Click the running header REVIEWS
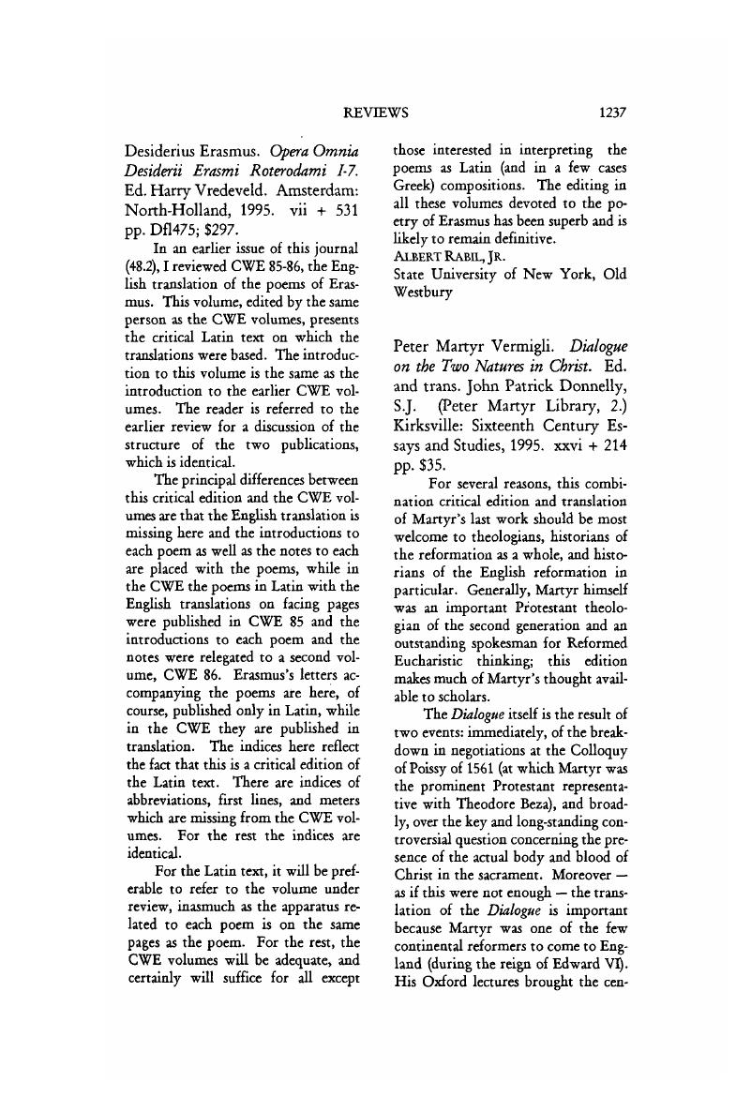coord(376,113)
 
